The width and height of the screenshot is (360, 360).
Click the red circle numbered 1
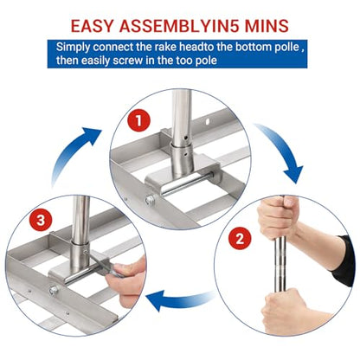[x=138, y=120]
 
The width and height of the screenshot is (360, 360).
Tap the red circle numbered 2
[x=240, y=239]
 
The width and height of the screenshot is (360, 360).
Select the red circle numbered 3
[x=41, y=221]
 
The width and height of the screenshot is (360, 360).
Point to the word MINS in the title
[x=267, y=26]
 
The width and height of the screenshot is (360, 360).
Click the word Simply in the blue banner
[x=73, y=48]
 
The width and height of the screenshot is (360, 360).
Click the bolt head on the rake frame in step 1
[x=151, y=200]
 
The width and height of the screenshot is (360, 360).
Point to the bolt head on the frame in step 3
[x=54, y=290]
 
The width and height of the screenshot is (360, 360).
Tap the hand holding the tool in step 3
[x=127, y=281]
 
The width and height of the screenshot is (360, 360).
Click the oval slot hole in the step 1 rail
[x=207, y=122]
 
